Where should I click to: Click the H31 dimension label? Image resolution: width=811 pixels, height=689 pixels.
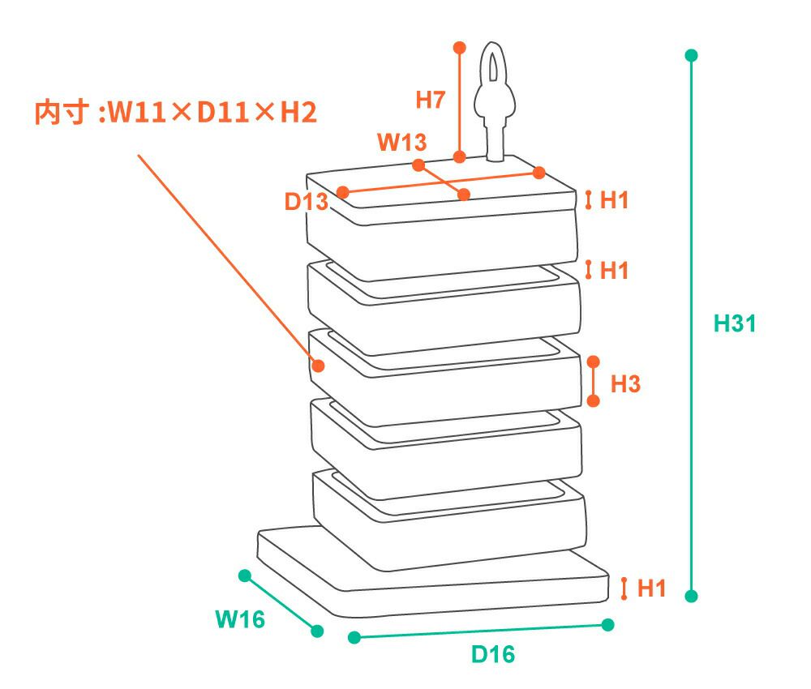pos(735,323)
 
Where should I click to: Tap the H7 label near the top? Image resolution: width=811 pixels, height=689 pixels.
pos(431,101)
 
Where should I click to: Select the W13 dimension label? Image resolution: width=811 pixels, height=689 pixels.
pos(402,142)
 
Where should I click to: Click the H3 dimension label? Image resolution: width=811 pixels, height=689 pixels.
pos(625,384)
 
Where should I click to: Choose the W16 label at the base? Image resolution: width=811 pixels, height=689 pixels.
pos(240,620)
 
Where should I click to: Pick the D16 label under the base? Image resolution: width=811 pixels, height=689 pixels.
pos(493,654)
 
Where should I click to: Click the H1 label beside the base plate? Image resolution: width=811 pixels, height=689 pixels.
pos(651,588)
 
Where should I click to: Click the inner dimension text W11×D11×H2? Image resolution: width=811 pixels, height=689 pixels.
pos(175,113)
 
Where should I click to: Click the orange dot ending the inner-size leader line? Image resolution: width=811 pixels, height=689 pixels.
pos(318,366)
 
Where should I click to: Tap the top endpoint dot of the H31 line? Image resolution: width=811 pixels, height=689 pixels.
pos(691,55)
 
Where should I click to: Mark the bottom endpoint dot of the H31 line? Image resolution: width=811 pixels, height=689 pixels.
pos(691,596)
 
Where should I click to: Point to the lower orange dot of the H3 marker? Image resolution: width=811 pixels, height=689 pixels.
pos(593,401)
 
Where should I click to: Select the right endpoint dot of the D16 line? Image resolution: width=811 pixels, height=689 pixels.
pos(608,624)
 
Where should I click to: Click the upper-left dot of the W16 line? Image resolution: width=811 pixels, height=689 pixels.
pos(244,576)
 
